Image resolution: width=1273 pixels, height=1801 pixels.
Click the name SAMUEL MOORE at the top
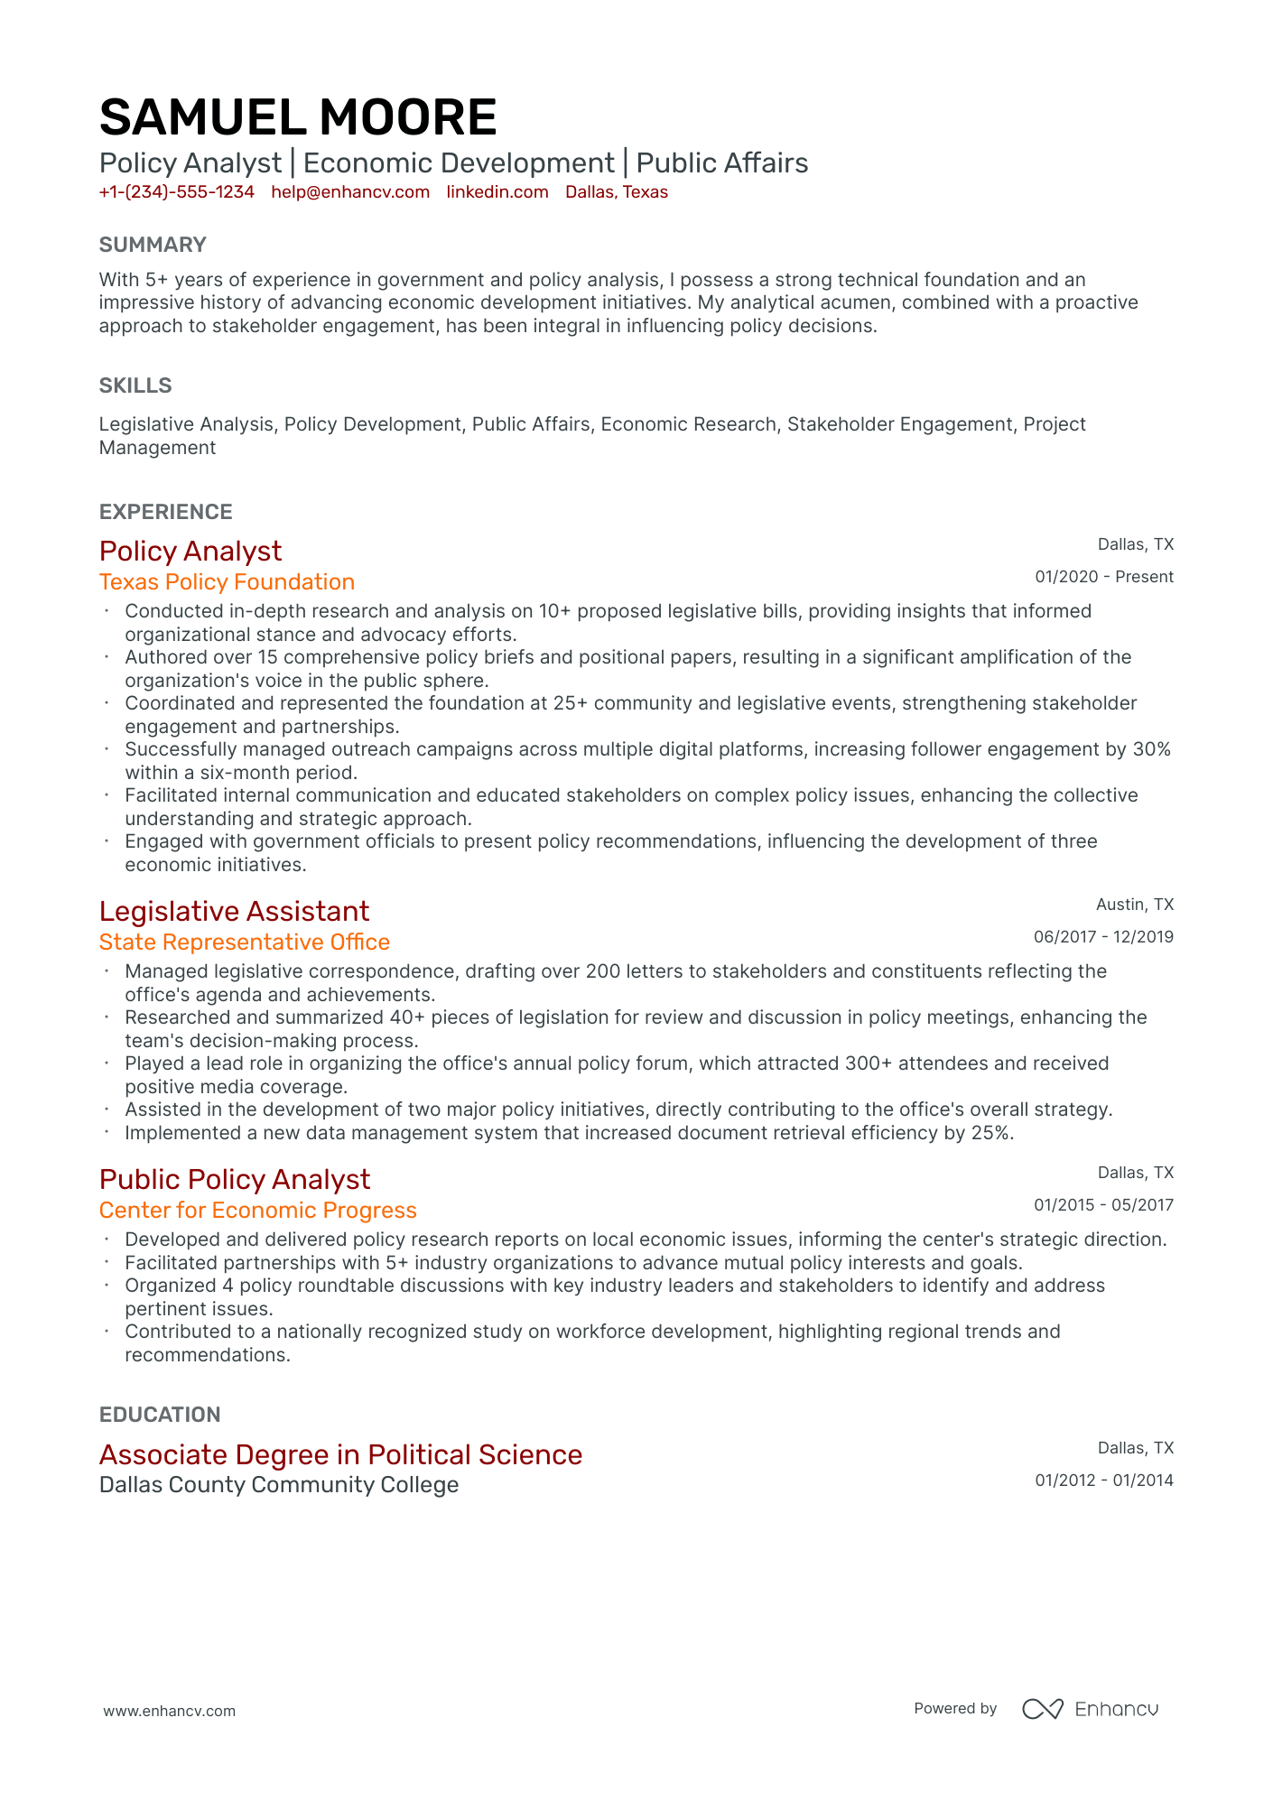coord(298,117)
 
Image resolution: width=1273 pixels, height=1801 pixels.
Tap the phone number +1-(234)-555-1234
coord(177,192)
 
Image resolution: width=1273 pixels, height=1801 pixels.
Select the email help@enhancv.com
coord(350,192)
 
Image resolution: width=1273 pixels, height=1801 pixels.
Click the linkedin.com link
coord(497,192)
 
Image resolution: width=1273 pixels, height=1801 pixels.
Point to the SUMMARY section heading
coord(153,245)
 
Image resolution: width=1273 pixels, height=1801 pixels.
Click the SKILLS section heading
coord(135,385)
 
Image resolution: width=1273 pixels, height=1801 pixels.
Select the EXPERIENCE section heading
coord(166,512)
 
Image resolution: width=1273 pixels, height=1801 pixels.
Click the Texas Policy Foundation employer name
coord(227,582)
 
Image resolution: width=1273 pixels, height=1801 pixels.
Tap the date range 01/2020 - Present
coord(1103,577)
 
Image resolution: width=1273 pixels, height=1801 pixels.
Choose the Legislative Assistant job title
coord(234,911)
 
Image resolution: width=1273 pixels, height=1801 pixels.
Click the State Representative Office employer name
coord(245,942)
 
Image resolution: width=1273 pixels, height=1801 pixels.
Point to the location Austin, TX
coord(1134,905)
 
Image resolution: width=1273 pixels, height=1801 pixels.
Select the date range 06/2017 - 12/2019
coord(1103,937)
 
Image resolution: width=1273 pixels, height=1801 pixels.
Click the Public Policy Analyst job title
coord(235,1179)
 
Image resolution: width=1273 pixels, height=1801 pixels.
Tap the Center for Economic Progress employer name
coord(258,1211)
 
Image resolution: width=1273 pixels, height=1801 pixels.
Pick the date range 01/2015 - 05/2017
coord(1103,1205)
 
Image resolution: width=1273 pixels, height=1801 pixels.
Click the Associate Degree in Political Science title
coord(340,1454)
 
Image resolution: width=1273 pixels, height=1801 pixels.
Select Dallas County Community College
coord(279,1485)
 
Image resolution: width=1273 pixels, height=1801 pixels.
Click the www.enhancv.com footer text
coord(169,1711)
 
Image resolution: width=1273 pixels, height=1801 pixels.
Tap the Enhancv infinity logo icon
coord(1042,1709)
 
